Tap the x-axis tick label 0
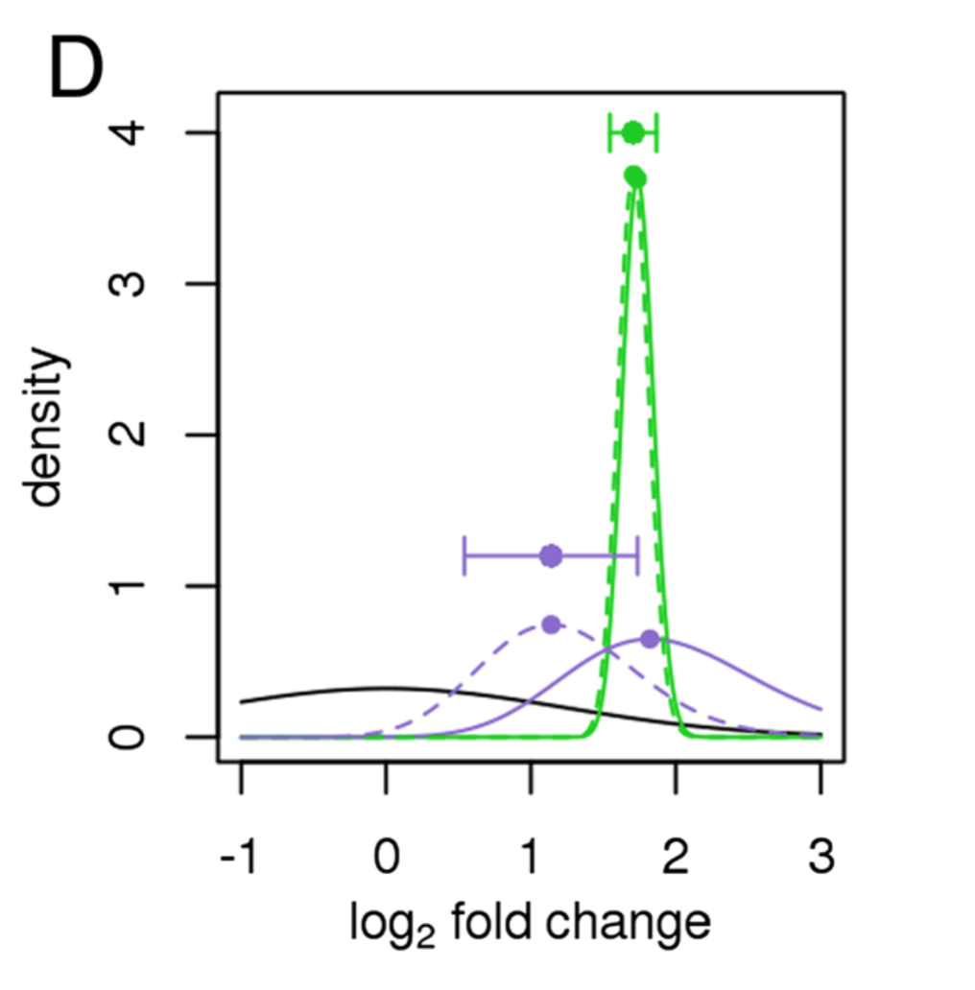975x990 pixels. coord(386,856)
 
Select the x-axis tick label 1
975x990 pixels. coord(531,856)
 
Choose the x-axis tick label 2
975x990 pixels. coord(676,856)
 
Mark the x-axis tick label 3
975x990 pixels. coord(820,856)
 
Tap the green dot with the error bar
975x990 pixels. coord(632,132)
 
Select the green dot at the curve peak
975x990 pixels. coord(634,177)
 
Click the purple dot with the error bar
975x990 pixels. coord(551,556)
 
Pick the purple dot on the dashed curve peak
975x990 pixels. coord(551,625)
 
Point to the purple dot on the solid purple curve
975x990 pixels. coord(650,639)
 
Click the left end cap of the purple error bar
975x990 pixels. coord(464,556)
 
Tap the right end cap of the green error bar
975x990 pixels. coord(656,132)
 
